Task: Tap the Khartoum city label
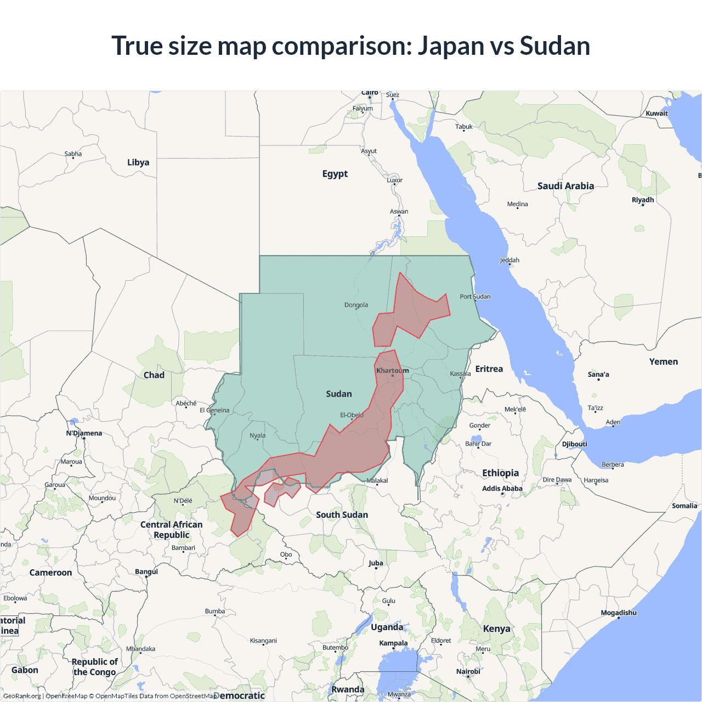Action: [392, 371]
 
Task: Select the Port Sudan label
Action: [475, 297]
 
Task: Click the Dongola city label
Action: [356, 305]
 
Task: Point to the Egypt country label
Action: [335, 174]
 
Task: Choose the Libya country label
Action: [138, 162]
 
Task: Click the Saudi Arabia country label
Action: [565, 186]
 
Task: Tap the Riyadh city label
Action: [643, 200]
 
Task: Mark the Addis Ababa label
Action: [502, 489]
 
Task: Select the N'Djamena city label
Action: [84, 433]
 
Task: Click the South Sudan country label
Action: [342, 514]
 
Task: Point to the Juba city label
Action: [376, 563]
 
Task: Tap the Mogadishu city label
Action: [619, 613]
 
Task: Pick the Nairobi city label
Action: [468, 671]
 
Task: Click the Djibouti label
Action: [574, 444]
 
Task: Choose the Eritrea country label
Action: [489, 369]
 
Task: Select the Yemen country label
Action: [663, 362]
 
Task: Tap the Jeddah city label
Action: [509, 260]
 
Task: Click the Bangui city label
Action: [146, 571]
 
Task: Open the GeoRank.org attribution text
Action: [22, 696]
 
